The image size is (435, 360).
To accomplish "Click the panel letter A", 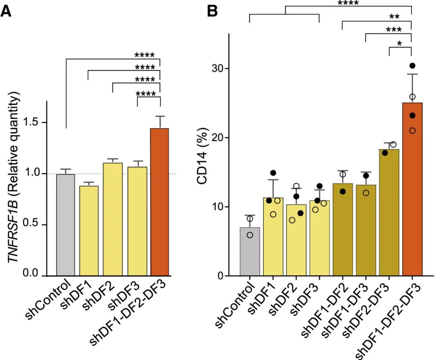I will click(x=6, y=10).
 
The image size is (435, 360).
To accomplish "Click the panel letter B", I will click(x=212, y=10).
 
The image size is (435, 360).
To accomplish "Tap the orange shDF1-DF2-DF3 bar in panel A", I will click(x=159, y=202).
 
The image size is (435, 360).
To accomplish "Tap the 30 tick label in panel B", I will click(x=217, y=68).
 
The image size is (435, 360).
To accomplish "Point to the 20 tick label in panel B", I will click(x=217, y=138).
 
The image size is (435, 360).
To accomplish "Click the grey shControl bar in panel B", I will click(x=250, y=252).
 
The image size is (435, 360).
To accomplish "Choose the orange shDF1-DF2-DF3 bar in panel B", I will click(x=412, y=189).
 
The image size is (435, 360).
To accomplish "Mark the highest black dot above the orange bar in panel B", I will click(x=412, y=66).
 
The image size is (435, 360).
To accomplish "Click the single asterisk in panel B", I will click(x=399, y=43).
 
